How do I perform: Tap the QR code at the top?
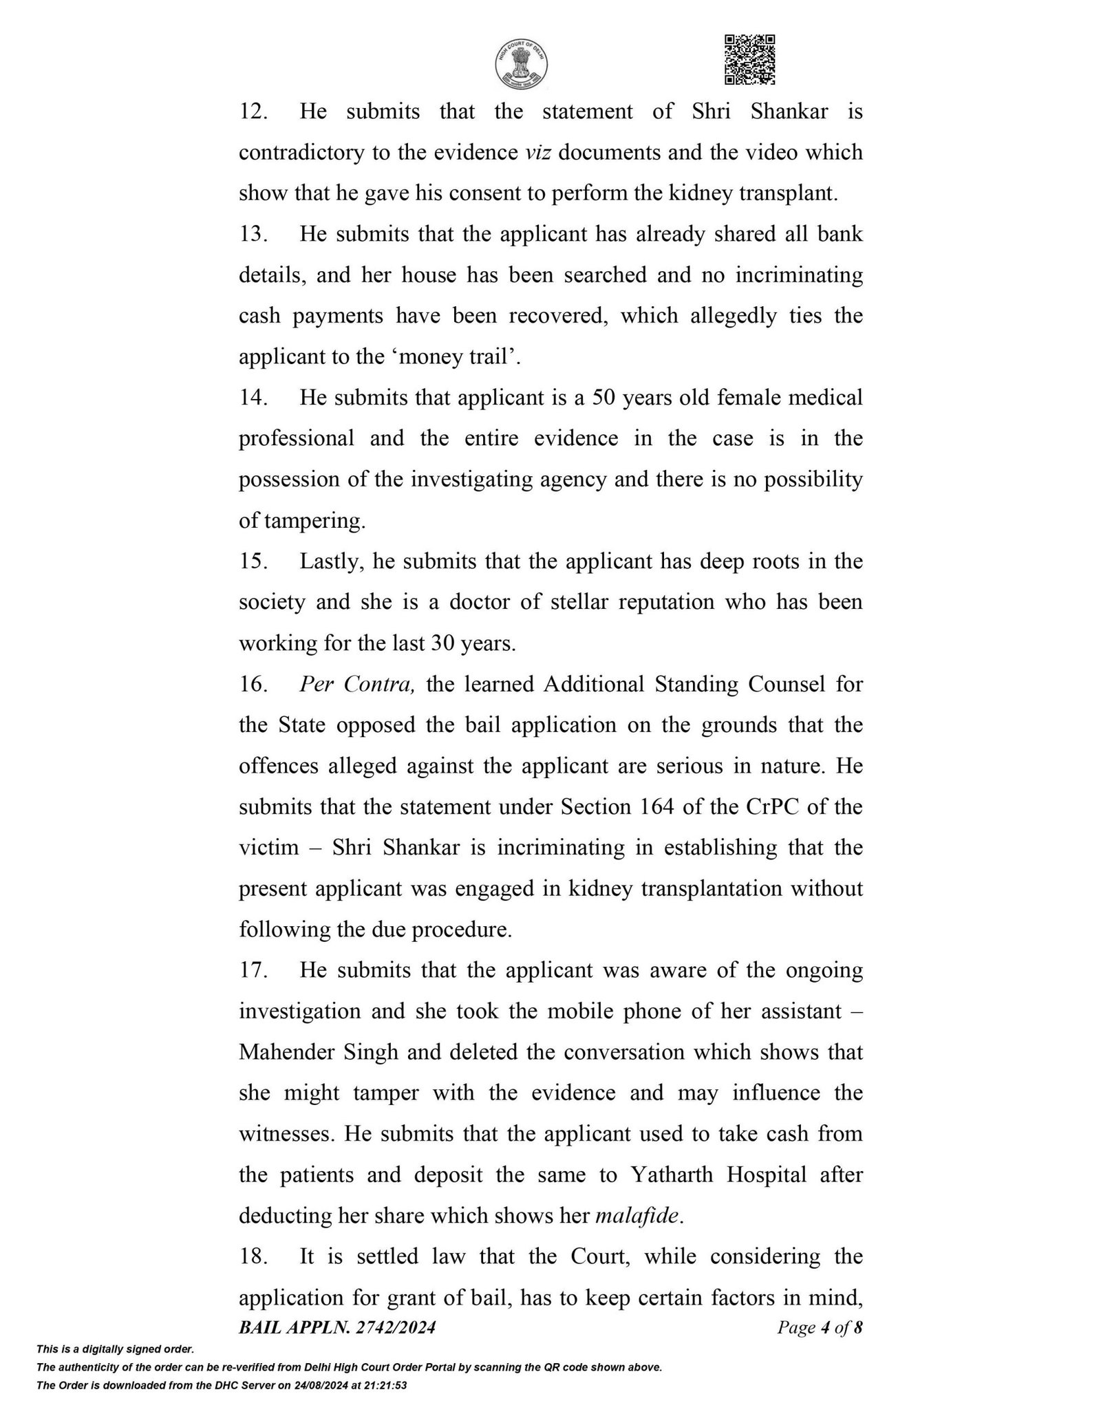tap(750, 59)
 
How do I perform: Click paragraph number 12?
tap(253, 112)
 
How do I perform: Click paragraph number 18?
tap(253, 1256)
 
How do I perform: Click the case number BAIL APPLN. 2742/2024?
tap(337, 1328)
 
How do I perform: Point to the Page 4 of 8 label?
tap(819, 1328)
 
